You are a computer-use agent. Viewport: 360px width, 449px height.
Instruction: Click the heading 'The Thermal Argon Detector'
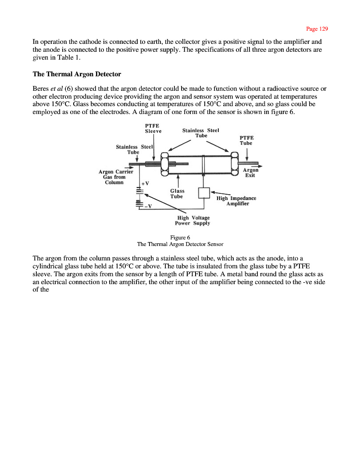point(77,74)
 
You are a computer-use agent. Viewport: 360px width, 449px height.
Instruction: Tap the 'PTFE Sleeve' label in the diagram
point(153,128)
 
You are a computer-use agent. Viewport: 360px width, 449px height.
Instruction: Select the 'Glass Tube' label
point(177,193)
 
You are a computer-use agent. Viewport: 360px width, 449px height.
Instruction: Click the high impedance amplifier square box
point(204,192)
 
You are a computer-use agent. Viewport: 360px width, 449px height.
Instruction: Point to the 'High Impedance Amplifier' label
point(237,201)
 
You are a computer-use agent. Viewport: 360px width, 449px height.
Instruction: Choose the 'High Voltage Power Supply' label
point(193,220)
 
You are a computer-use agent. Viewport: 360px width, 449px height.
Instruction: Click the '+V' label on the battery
point(145,183)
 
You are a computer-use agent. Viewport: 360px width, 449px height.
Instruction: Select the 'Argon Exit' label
point(250,173)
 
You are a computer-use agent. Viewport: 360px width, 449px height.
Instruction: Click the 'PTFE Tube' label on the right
point(246,140)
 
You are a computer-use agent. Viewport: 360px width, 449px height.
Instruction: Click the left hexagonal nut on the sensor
point(165,164)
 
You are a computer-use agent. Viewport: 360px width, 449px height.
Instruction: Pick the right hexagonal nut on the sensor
point(234,164)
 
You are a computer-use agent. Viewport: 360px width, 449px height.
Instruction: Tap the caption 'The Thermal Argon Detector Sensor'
point(180,244)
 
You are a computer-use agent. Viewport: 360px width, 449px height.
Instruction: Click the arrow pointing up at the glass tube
point(177,181)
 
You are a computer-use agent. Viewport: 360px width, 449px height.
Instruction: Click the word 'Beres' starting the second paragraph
point(41,88)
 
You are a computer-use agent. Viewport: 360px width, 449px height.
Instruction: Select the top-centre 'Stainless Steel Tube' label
point(200,132)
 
